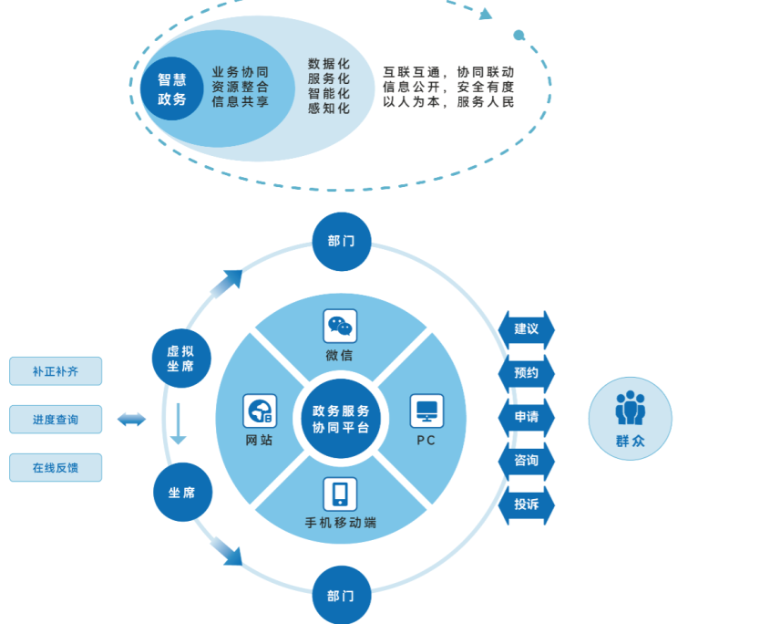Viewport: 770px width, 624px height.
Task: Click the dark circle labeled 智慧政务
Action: click(x=172, y=89)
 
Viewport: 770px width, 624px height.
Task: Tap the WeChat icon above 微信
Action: click(x=340, y=326)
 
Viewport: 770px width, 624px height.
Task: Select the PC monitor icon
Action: click(x=426, y=411)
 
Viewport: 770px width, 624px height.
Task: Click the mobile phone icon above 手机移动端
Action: click(x=340, y=494)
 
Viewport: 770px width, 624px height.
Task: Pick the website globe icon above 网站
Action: click(x=260, y=411)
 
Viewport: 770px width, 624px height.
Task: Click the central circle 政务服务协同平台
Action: click(x=341, y=419)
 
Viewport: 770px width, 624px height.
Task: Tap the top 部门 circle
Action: click(x=342, y=242)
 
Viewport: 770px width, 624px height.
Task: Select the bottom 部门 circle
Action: click(x=342, y=596)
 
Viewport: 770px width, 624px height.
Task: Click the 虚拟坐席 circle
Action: click(x=181, y=358)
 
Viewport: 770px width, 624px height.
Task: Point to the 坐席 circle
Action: click(x=182, y=493)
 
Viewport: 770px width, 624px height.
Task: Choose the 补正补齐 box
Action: click(x=56, y=371)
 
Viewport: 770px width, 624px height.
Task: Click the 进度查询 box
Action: click(x=56, y=420)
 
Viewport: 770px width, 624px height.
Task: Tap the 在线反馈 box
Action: click(x=56, y=468)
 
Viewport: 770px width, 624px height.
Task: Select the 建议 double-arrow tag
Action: click(x=527, y=329)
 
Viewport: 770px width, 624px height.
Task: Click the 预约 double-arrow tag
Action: click(x=527, y=373)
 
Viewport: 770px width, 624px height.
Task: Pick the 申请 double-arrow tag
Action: click(x=527, y=417)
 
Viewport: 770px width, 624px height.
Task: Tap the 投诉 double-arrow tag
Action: click(x=527, y=504)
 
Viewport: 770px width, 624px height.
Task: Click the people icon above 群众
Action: click(x=630, y=408)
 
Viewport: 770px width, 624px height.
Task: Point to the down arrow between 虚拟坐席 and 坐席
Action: click(x=179, y=423)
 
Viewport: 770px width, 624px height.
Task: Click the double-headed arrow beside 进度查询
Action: click(x=131, y=420)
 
